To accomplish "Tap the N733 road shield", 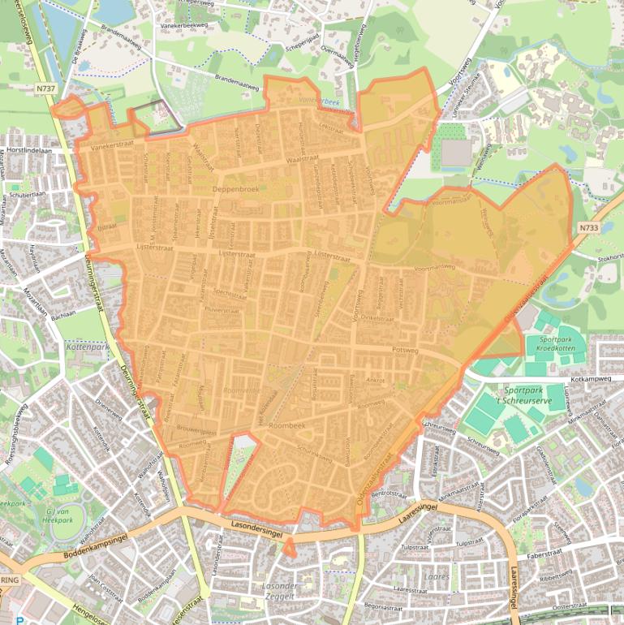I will (x=589, y=229).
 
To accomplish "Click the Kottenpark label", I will (x=84, y=347).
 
